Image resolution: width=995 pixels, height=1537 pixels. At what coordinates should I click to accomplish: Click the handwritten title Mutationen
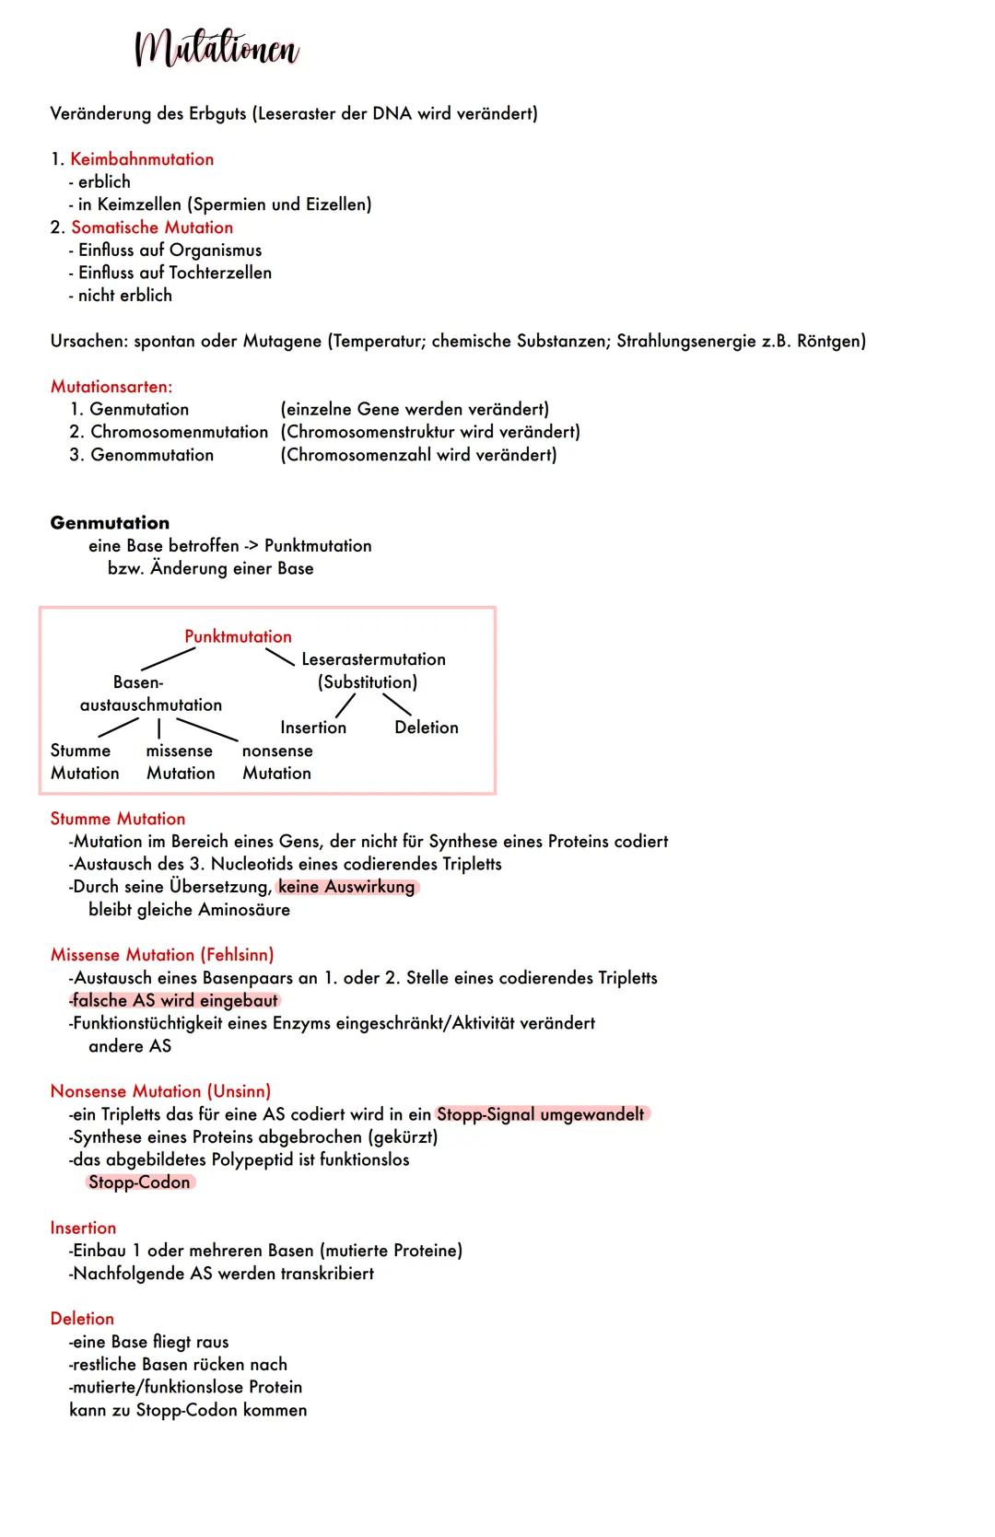(217, 49)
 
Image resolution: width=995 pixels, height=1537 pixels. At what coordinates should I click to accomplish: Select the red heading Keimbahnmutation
(142, 159)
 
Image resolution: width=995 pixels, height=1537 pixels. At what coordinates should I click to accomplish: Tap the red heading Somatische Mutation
(152, 227)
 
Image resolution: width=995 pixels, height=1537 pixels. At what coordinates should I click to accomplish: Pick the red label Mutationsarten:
(111, 387)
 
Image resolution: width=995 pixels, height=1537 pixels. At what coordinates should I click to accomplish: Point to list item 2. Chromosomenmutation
(169, 432)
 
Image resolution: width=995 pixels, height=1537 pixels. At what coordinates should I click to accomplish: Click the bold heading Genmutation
(110, 523)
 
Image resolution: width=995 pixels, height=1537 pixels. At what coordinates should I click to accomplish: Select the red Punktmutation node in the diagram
(238, 636)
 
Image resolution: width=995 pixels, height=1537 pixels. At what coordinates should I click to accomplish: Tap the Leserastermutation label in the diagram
(373, 659)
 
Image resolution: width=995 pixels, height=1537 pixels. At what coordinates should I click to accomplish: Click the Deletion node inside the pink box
(426, 728)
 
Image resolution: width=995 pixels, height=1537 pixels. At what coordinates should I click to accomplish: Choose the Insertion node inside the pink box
(313, 728)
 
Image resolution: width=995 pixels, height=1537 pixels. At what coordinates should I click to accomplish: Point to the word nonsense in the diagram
(277, 751)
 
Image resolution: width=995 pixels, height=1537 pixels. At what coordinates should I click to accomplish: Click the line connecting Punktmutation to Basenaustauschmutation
(168, 659)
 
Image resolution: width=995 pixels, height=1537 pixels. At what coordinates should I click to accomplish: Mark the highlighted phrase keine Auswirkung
(346, 887)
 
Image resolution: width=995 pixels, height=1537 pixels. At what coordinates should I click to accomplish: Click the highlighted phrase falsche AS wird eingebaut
(175, 1001)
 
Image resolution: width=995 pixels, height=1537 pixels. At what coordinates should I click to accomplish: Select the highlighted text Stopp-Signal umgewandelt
(541, 1114)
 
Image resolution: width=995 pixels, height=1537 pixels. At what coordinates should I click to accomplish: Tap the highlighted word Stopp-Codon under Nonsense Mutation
(139, 1182)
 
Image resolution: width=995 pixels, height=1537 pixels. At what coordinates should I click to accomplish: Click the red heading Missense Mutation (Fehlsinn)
(162, 955)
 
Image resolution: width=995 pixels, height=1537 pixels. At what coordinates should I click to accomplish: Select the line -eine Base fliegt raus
(148, 1342)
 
